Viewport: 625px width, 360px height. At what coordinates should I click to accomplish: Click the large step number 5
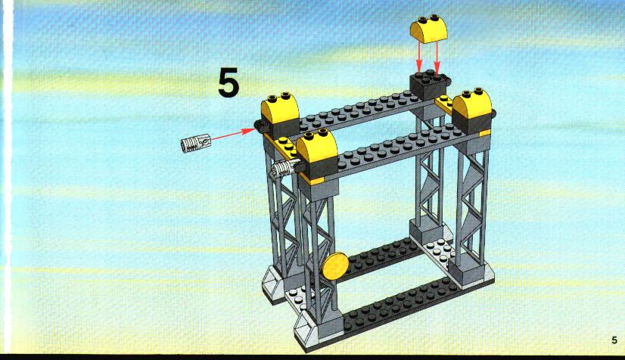(x=229, y=82)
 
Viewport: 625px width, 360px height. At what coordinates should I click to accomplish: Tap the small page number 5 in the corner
(x=614, y=340)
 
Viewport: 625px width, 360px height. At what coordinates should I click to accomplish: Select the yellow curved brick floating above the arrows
(x=429, y=29)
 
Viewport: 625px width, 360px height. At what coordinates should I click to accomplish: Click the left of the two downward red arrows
(x=418, y=57)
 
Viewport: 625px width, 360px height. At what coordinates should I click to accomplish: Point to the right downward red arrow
(x=437, y=57)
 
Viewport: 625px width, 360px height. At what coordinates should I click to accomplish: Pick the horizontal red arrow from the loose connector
(x=232, y=134)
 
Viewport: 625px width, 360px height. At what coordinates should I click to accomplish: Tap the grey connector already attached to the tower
(x=285, y=169)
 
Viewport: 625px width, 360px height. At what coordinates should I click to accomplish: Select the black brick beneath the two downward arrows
(x=430, y=85)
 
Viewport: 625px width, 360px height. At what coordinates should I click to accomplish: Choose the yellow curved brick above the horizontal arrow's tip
(x=280, y=108)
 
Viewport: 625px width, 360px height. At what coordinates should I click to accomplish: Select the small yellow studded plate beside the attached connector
(x=287, y=146)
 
